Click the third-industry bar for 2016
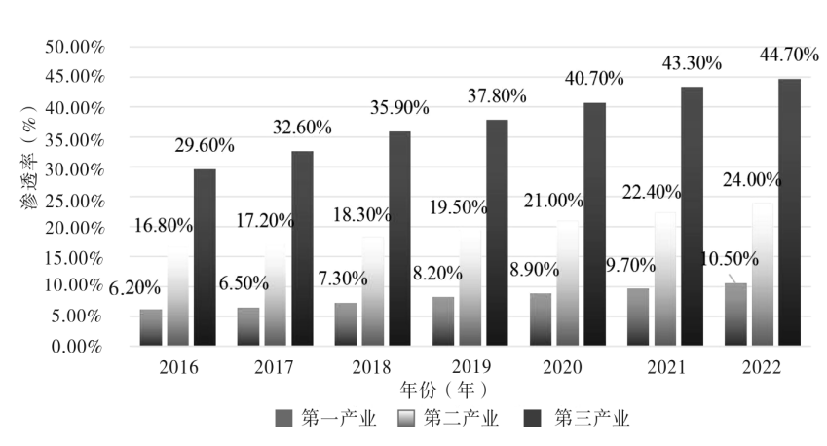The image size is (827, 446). pos(205,257)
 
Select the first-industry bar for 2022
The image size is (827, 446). pos(735,314)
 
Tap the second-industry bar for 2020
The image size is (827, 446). pos(567,283)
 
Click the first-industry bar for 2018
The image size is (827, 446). pos(346,323)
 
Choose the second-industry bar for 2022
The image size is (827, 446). pos(762,274)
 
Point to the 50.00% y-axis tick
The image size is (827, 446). pos(74,47)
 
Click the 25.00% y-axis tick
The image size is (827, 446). pos(74,197)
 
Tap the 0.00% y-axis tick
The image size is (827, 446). pos(78,346)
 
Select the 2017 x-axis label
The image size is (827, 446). pos(274,368)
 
